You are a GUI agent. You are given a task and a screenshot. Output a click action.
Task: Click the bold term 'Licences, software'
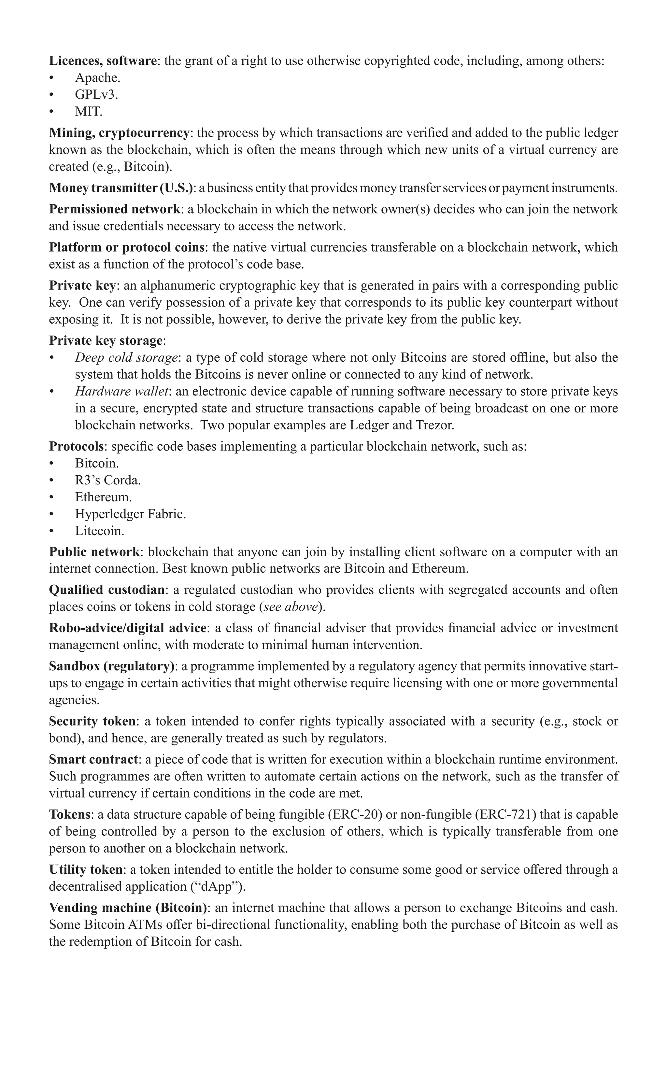click(102, 61)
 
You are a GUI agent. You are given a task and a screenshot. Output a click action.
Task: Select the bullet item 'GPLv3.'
click(96, 94)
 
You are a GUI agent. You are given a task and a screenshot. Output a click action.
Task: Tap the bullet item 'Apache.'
click(97, 77)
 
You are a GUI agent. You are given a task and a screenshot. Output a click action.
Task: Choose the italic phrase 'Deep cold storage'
click(126, 357)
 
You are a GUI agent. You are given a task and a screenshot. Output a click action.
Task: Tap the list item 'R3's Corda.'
click(107, 480)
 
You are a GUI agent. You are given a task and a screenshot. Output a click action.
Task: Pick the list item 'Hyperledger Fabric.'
click(130, 514)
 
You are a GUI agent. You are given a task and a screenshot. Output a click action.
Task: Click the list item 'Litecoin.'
click(99, 531)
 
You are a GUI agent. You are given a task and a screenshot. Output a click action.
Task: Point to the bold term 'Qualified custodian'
click(107, 590)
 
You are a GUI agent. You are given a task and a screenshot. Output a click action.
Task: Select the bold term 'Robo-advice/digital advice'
click(127, 628)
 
